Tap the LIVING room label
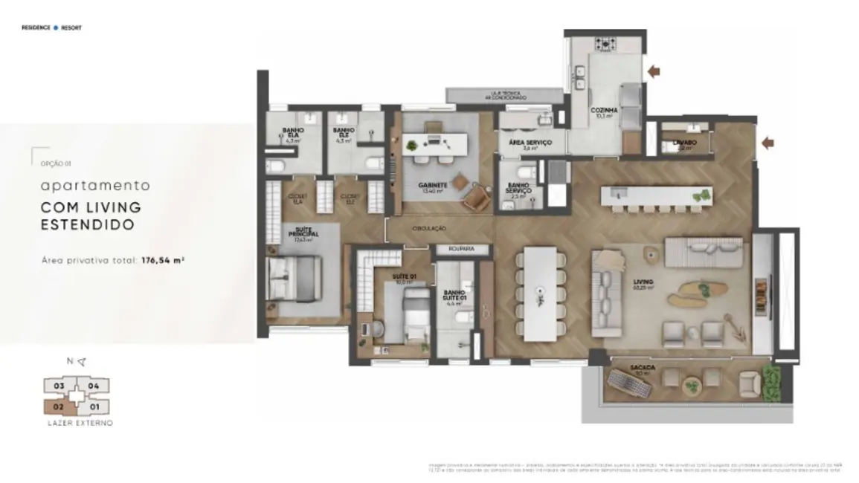(643, 282)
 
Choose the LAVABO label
(684, 141)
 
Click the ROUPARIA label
(461, 249)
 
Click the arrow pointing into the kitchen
(654, 71)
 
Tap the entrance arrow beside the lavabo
(767, 143)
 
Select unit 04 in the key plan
(94, 386)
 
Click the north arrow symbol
(81, 362)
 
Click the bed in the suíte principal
(294, 279)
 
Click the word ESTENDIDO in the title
(88, 224)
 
